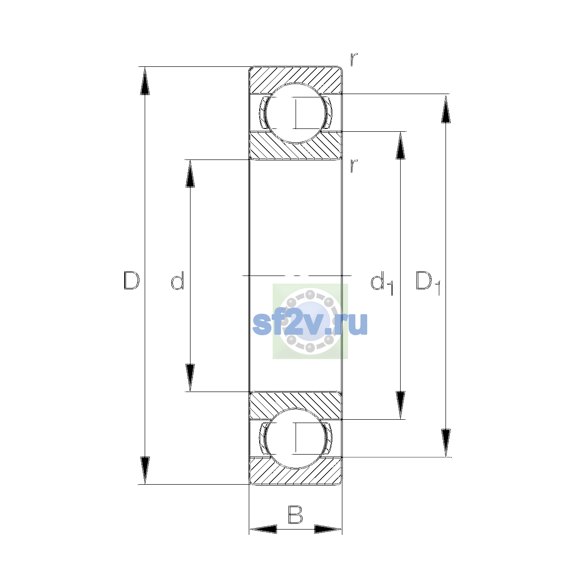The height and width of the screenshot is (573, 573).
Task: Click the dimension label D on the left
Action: tap(131, 280)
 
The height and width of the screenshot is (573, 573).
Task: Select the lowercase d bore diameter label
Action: tap(178, 280)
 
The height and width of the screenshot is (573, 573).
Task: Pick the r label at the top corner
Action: tap(354, 60)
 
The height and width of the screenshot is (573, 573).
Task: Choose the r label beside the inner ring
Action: tap(354, 166)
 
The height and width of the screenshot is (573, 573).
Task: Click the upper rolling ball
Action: tap(295, 113)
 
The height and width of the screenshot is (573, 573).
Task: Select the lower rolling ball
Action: tap(295, 438)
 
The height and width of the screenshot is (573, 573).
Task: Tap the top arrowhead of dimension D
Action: tap(145, 80)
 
